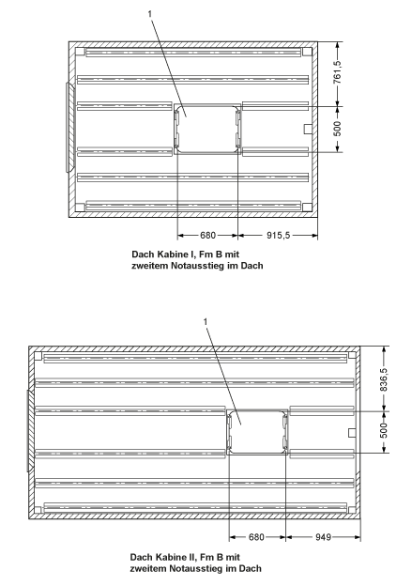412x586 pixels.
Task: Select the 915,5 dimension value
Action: (279, 235)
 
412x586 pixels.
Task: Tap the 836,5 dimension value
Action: (384, 379)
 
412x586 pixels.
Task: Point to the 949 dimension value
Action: (323, 537)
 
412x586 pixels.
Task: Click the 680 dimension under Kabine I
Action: (207, 235)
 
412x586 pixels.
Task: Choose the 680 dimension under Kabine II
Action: (256, 537)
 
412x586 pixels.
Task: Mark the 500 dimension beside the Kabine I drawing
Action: (337, 129)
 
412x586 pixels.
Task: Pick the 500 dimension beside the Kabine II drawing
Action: (384, 430)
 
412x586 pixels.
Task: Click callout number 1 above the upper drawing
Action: (150, 14)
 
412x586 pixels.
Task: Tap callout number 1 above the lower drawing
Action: (206, 321)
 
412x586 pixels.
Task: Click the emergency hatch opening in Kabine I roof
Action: (207, 129)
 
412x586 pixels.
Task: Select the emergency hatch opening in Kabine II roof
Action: (257, 432)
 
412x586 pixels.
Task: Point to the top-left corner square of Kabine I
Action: (80, 52)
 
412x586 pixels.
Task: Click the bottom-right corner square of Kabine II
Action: (352, 510)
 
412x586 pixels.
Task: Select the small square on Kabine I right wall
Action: (308, 129)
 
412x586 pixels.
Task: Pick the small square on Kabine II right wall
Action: (352, 433)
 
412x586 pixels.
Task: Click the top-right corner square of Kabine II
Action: (352, 355)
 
